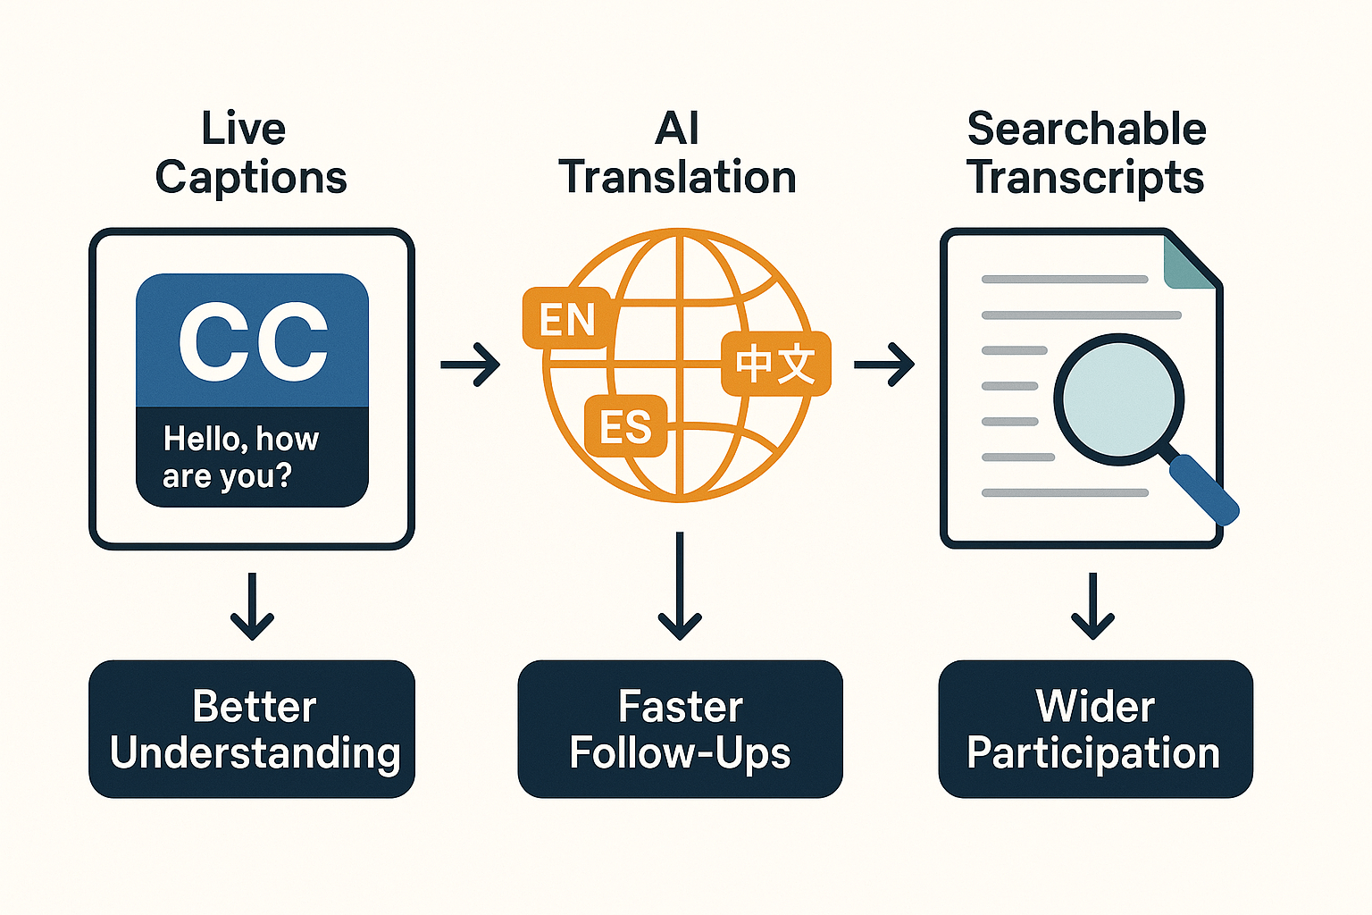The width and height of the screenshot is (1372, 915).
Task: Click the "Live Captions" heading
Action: pos(250,153)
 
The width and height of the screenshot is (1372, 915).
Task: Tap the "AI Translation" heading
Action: pos(677,153)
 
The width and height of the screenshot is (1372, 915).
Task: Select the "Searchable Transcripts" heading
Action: pos(1086,153)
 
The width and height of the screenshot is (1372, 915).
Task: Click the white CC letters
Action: pos(253,341)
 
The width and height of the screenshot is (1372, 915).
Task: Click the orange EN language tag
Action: pos(567,319)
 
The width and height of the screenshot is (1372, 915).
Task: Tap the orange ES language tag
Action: pos(625,426)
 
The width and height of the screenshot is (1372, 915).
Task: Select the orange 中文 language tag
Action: pos(775,364)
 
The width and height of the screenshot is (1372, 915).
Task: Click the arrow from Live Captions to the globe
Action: pos(471,365)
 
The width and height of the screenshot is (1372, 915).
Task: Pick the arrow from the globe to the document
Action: pos(884,365)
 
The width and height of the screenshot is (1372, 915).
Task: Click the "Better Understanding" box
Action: pos(252,729)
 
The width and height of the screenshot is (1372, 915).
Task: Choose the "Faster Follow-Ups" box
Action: pos(680,729)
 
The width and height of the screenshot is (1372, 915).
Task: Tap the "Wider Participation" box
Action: pos(1095,729)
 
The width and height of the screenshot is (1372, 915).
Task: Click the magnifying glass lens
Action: pos(1118,399)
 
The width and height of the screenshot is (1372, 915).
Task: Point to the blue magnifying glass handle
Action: pos(1203,490)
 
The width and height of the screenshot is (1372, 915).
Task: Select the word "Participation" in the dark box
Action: pos(1093,754)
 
